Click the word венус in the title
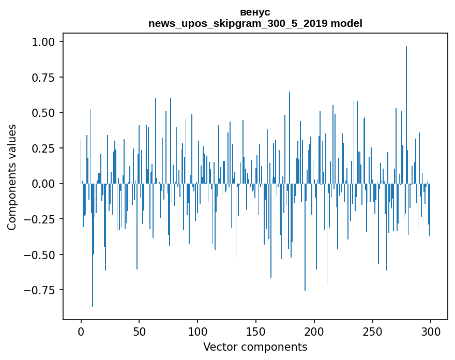[x=255, y=12]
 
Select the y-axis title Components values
[x=12, y=177]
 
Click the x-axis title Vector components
[x=255, y=347]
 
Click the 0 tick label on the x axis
[x=81, y=332]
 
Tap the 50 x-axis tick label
[x=139, y=332]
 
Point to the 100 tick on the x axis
[x=198, y=332]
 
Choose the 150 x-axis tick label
[x=256, y=332]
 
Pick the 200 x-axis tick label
[x=314, y=332]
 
